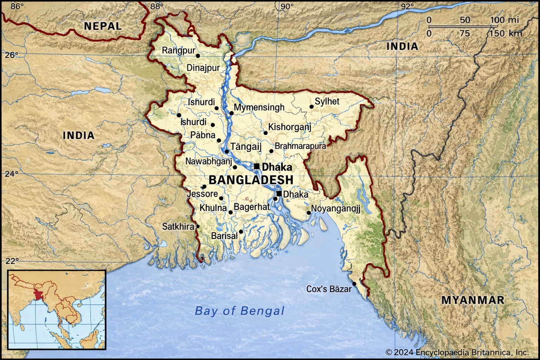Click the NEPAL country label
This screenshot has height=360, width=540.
103,26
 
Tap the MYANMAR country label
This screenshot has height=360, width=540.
472,300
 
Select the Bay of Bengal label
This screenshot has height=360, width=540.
239,311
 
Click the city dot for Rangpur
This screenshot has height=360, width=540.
198,56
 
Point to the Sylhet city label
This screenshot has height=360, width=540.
327,102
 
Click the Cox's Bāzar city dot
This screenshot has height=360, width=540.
354,283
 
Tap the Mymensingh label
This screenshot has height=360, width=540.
259,108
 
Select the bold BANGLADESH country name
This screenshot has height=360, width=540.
251,180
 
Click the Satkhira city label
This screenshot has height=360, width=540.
178,226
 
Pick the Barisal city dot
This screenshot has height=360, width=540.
241,231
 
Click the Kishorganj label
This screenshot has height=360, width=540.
290,127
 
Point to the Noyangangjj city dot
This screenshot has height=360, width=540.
309,213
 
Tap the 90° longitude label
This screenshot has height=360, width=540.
287,6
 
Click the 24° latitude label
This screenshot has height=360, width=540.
12,174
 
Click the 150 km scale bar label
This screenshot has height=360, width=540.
506,33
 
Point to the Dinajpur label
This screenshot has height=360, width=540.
203,68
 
